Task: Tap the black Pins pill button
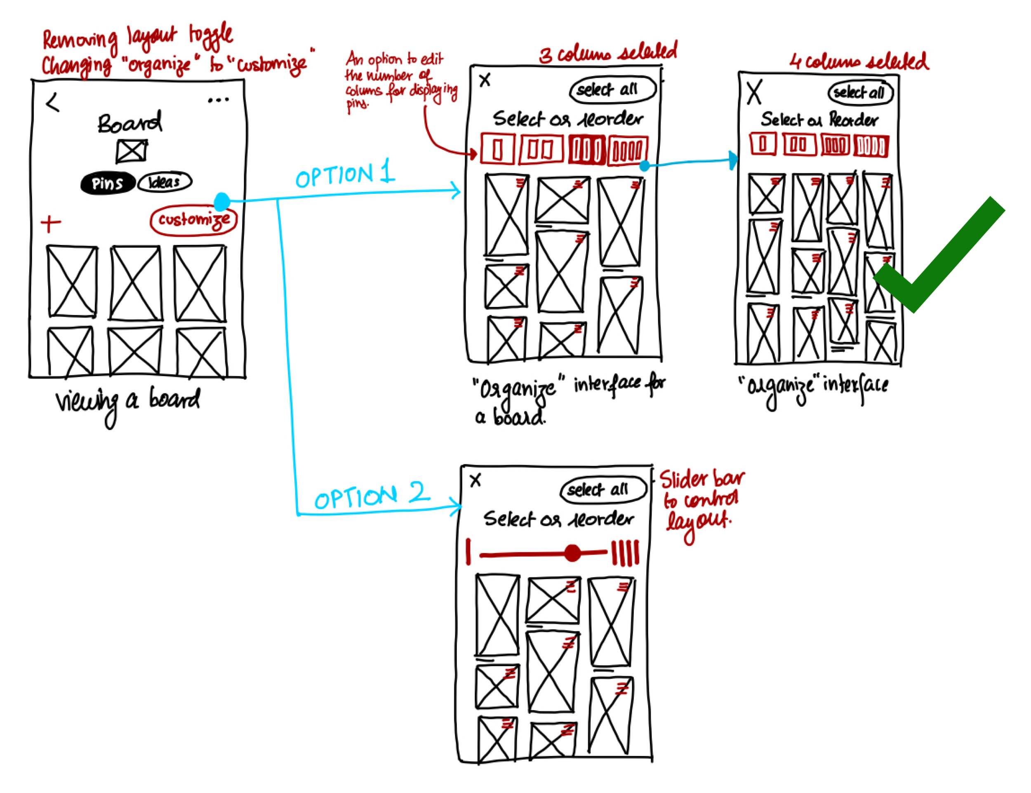pyautogui.click(x=108, y=183)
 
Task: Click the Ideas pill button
pyautogui.click(x=164, y=182)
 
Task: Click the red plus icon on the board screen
pyautogui.click(x=50, y=224)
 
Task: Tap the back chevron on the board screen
pyautogui.click(x=53, y=102)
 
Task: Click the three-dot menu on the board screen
pyautogui.click(x=218, y=100)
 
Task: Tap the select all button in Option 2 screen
pyautogui.click(x=603, y=489)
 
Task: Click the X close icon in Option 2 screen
pyautogui.click(x=475, y=480)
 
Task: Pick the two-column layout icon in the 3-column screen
pyautogui.click(x=541, y=150)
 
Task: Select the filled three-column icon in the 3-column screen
pyautogui.click(x=587, y=150)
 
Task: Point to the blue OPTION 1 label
pyautogui.click(x=345, y=175)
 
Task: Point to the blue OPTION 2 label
pyautogui.click(x=372, y=496)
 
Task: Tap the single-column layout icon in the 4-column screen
pyautogui.click(x=763, y=144)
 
